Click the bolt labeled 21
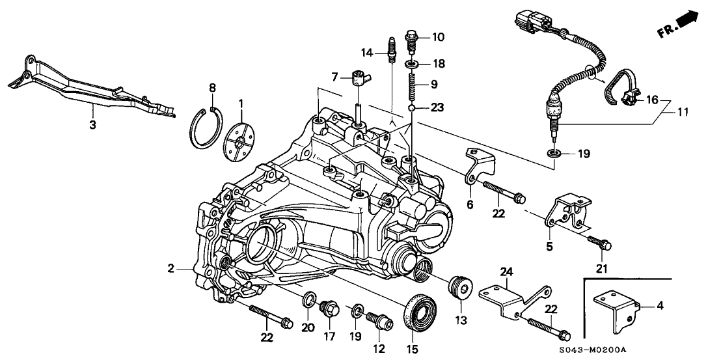(597, 244)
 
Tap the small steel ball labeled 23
(411, 106)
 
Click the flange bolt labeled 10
(412, 38)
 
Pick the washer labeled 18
(411, 64)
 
